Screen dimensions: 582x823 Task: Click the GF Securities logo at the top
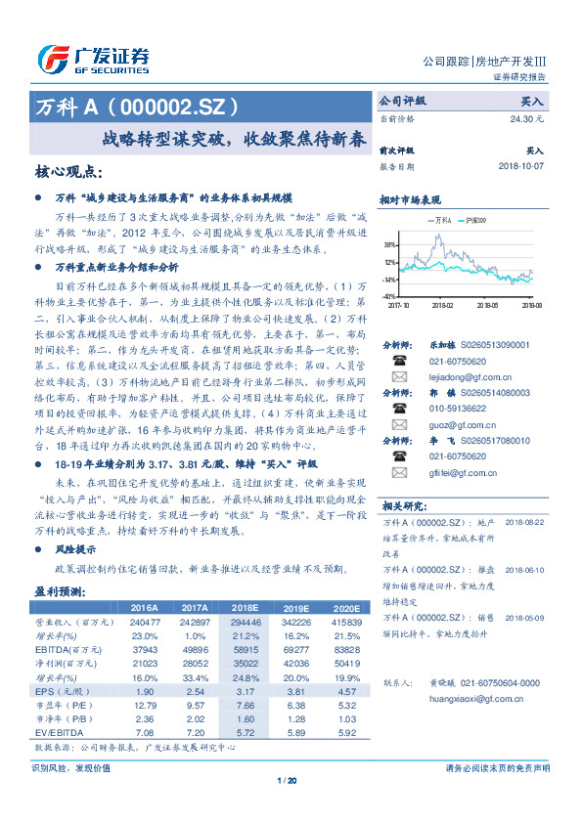93,58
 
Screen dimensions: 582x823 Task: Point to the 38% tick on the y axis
389,245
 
